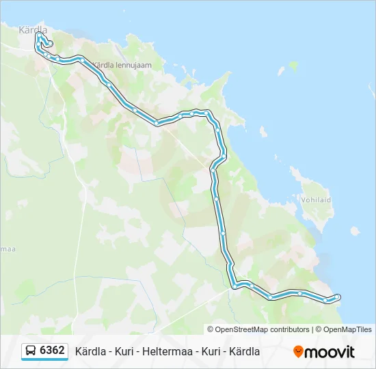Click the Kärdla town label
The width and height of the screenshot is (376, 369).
(33, 29)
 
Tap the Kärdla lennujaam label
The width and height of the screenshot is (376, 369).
(121, 66)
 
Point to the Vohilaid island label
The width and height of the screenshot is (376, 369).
(315, 200)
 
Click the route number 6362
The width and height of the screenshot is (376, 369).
(53, 351)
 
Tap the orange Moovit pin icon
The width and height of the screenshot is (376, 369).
(298, 352)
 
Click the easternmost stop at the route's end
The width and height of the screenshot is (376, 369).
(337, 297)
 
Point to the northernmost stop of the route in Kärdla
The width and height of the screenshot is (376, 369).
(39, 36)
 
